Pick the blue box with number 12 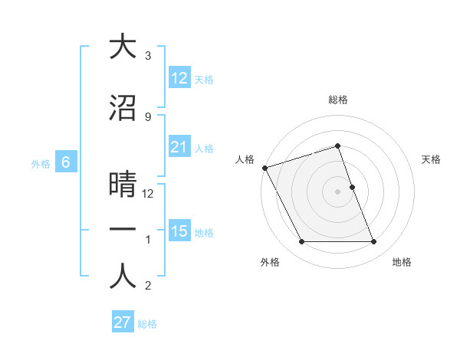tap(179, 78)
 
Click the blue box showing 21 tap(179, 147)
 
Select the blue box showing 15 tap(179, 231)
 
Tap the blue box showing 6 tap(66, 162)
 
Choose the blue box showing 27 tap(123, 322)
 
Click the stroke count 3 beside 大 tap(148, 56)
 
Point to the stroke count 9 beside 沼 tap(148, 116)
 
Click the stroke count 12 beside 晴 tap(149, 194)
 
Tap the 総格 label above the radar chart tap(338, 100)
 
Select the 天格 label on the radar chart tap(432, 159)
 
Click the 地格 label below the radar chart tap(402, 262)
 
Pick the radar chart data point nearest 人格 tap(264, 168)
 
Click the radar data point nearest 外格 tap(301, 242)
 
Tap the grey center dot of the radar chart tap(338, 191)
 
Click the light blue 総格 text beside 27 tap(147, 324)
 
